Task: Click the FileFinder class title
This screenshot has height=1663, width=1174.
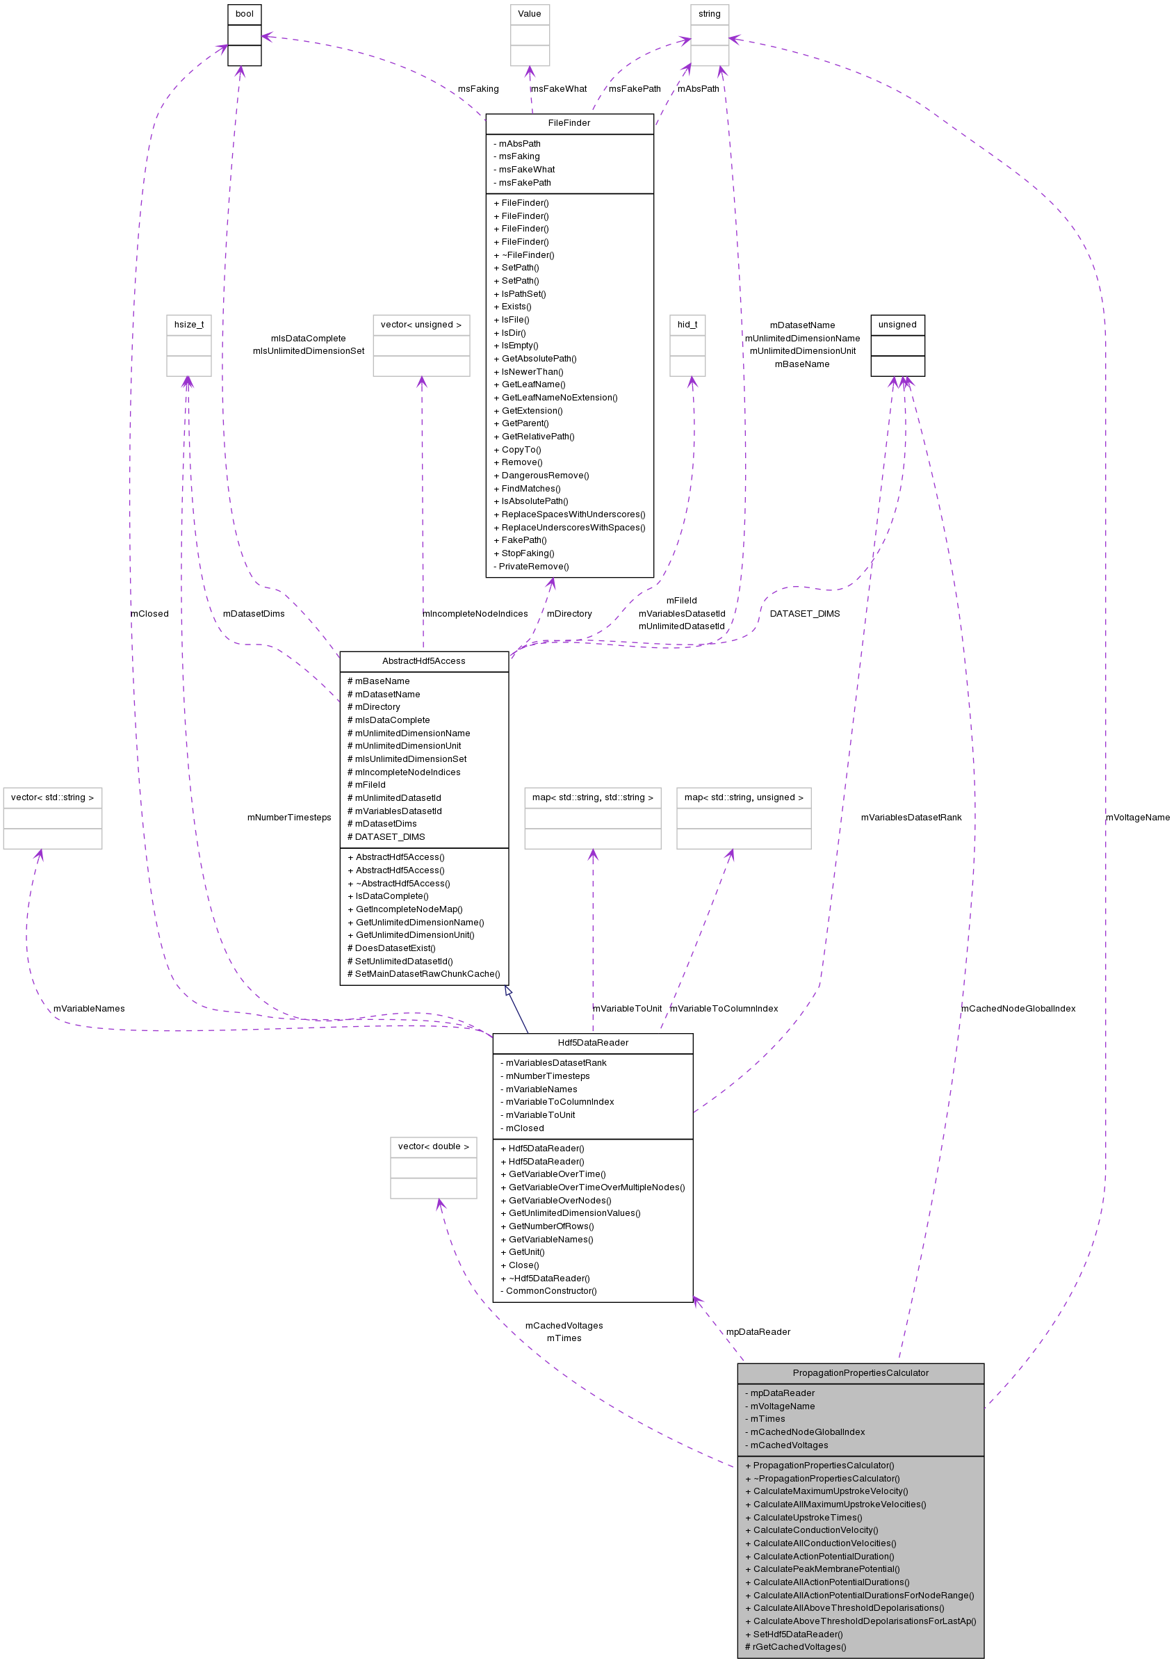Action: coord(569,123)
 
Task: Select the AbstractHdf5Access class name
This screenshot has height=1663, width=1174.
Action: coord(424,660)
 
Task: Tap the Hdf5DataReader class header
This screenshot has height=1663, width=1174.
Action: coord(592,1042)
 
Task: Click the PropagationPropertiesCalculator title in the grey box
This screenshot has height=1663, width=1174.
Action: coord(860,1372)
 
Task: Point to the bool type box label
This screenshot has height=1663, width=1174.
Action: coord(245,14)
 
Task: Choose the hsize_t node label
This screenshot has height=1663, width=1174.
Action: coord(189,325)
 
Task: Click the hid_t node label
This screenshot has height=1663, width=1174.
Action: coord(687,325)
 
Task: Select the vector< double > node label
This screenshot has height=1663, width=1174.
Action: coord(433,1146)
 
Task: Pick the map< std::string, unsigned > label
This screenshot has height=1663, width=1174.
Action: coord(743,797)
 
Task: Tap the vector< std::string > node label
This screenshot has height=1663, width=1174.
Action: coord(52,797)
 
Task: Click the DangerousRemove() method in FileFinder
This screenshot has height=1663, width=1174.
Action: coord(545,475)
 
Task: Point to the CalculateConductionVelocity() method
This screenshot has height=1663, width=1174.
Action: coord(815,1530)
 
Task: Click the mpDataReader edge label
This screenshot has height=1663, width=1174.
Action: coord(758,1331)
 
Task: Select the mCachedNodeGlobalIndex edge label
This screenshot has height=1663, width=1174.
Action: coord(1018,1008)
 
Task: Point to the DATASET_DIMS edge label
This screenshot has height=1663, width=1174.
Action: coord(804,613)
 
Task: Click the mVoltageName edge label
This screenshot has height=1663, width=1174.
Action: coord(1137,818)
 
